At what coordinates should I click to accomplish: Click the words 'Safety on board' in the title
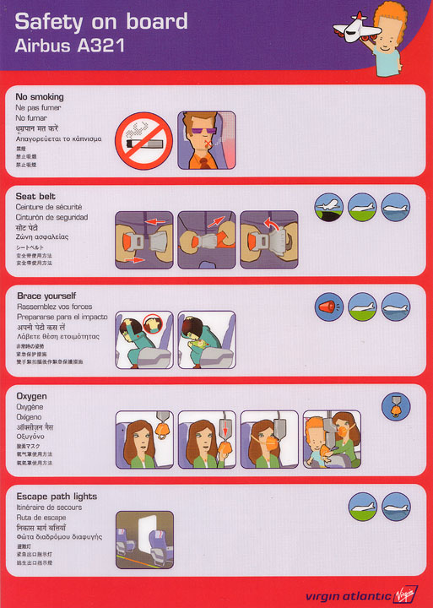click(x=101, y=22)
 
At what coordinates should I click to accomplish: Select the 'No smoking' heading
click(x=39, y=97)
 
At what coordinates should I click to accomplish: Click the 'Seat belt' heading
click(x=35, y=196)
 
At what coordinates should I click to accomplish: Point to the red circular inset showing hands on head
click(x=153, y=323)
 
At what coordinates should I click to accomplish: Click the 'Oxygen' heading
click(x=31, y=395)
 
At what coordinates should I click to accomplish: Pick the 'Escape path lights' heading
click(x=56, y=496)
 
